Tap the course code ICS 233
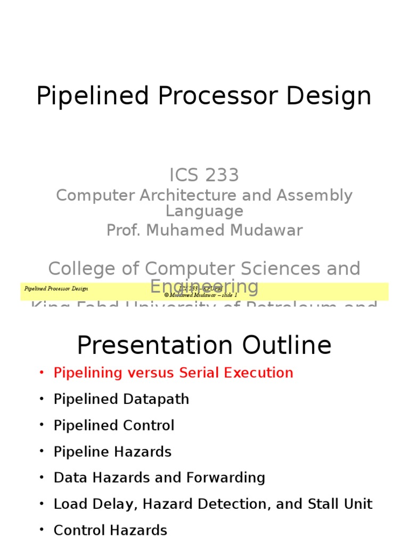click(204, 175)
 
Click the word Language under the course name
click(204, 211)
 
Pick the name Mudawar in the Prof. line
click(266, 230)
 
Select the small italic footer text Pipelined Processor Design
click(56, 289)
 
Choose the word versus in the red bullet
click(150, 373)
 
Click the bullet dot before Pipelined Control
click(42, 426)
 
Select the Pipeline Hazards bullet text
click(112, 452)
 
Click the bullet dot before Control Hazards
click(42, 530)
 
